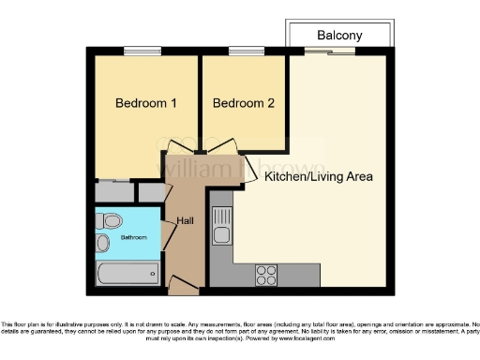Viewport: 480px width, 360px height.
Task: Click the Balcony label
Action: [x=339, y=35]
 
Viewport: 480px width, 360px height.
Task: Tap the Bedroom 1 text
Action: [x=145, y=102]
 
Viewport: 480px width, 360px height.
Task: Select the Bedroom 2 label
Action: [x=244, y=102]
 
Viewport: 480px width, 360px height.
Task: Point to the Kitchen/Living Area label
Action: [x=319, y=176]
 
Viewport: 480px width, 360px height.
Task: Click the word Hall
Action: [x=186, y=222]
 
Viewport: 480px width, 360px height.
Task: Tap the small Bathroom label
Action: [x=133, y=238]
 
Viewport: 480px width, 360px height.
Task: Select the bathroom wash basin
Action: [x=103, y=243]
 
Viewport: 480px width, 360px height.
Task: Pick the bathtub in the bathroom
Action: [x=128, y=275]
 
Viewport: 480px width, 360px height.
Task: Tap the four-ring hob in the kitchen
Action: [x=266, y=275]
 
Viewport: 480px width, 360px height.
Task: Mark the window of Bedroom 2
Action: [x=245, y=50]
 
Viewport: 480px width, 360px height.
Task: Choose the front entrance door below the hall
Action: [x=180, y=282]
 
